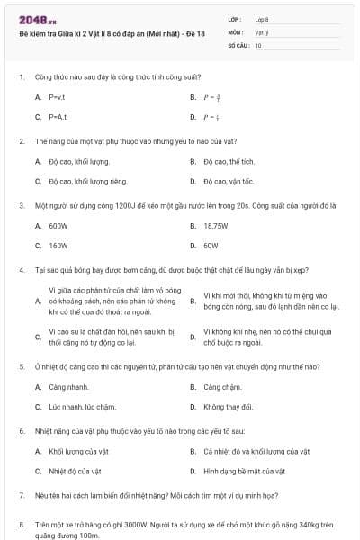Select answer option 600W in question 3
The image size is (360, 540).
58,226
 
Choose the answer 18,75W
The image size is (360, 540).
215,226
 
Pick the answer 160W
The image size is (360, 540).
58,245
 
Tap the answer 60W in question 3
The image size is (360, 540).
211,245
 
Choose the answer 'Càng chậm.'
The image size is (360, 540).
222,387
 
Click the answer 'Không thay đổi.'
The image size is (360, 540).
228,407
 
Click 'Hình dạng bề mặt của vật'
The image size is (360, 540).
244,471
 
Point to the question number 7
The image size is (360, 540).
22,495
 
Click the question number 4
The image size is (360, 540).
22,269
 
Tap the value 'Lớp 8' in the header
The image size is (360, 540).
262,19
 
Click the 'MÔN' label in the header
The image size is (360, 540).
237,31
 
